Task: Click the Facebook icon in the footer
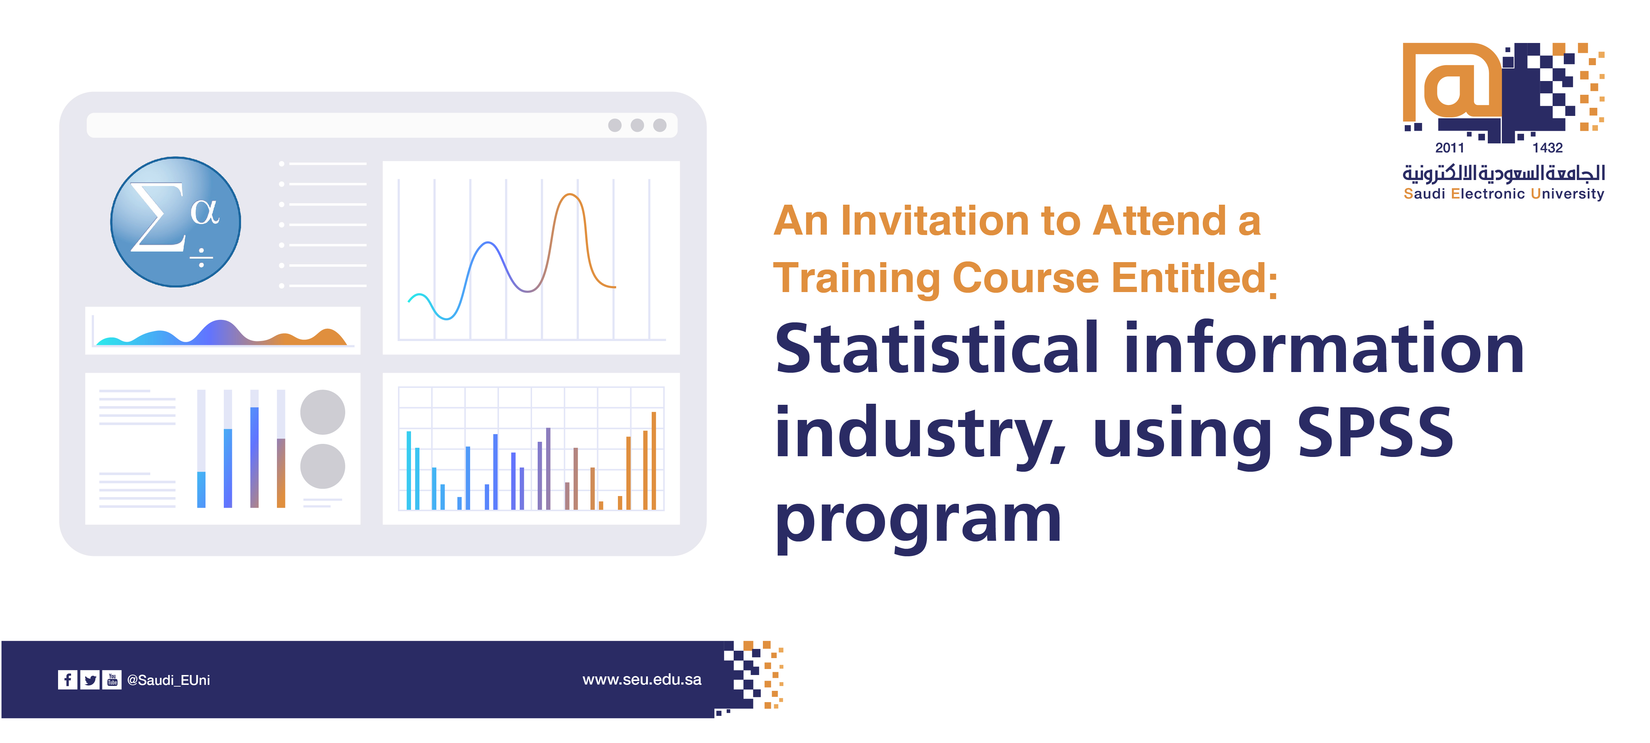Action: coord(67,680)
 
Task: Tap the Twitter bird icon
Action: coord(90,680)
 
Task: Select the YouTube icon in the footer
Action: coord(112,680)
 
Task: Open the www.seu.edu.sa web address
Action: coord(642,680)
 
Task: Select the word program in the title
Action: coord(918,521)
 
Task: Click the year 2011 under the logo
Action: coord(1449,148)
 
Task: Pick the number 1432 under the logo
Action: coord(1548,148)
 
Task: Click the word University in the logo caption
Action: coord(1567,194)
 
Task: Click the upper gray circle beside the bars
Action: coord(323,412)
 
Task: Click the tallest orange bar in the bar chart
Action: coord(653,461)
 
